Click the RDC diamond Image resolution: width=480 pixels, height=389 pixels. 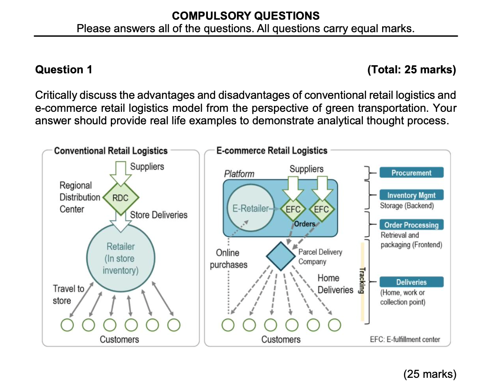(x=121, y=197)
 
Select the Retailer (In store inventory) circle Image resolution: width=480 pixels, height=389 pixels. (x=120, y=258)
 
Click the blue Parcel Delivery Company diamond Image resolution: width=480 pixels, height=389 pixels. (x=280, y=256)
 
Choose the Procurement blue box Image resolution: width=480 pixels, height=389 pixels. (x=411, y=173)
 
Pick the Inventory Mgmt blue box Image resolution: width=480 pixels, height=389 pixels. (x=411, y=195)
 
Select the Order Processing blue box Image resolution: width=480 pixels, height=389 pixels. (x=411, y=225)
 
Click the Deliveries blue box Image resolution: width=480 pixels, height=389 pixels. (x=411, y=282)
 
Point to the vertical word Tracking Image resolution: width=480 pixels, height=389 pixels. (x=362, y=280)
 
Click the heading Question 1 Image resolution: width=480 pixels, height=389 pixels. (x=64, y=70)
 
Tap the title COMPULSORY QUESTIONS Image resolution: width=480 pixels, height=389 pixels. (x=246, y=16)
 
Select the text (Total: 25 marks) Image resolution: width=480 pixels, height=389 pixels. (x=411, y=70)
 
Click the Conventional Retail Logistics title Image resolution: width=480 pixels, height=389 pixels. (x=111, y=151)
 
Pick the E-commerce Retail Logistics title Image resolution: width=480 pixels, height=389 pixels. (x=272, y=151)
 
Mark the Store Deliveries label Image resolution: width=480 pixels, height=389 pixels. (x=159, y=215)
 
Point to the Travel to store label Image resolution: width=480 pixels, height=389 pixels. (x=68, y=295)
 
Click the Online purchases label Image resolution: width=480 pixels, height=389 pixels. (x=228, y=259)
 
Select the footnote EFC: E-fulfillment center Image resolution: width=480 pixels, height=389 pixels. (x=405, y=339)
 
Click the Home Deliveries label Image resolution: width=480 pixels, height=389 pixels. (x=335, y=284)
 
